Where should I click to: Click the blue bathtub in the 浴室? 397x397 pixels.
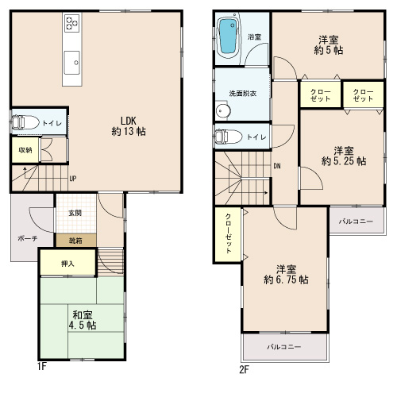point(229,37)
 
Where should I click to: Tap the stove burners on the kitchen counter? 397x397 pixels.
point(72,23)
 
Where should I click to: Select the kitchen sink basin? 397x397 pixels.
point(71,63)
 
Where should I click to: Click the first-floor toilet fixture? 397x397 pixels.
point(25,122)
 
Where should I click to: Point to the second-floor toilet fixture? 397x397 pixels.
point(228,137)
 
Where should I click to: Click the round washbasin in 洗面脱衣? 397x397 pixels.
point(223,110)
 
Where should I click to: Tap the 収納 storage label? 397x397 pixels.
point(25,150)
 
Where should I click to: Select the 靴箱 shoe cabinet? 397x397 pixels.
point(76,241)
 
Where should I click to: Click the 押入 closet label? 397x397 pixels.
point(67,264)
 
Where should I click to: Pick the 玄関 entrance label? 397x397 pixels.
point(75,213)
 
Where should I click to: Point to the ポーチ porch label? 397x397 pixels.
point(28,238)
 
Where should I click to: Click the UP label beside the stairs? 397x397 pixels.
point(73,179)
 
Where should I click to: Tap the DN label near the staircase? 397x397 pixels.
point(277,166)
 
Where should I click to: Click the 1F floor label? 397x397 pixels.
point(42,366)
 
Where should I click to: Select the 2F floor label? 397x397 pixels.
point(245,369)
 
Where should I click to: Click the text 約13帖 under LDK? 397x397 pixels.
point(129,131)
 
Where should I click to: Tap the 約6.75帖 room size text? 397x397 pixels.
point(286,279)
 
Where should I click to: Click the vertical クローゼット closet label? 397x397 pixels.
point(228,233)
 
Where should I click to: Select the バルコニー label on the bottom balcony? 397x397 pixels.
point(284,347)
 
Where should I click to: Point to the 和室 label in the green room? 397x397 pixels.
point(83,315)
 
